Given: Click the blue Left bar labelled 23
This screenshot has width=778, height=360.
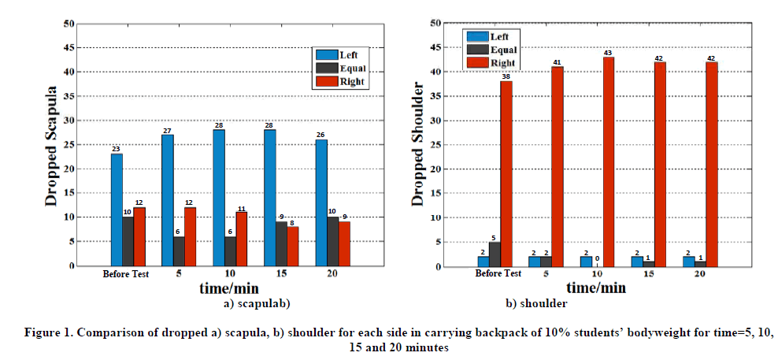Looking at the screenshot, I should (117, 210).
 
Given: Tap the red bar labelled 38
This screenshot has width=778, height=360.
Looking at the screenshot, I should (506, 173).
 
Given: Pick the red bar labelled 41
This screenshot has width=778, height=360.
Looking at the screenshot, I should (558, 166).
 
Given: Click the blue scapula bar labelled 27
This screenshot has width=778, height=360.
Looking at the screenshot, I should (168, 200).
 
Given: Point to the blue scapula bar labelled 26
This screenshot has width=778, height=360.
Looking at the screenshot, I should (320, 202).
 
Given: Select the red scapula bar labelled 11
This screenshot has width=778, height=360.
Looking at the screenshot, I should (242, 239).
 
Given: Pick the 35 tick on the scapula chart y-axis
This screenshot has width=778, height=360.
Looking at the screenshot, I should (70, 96).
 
